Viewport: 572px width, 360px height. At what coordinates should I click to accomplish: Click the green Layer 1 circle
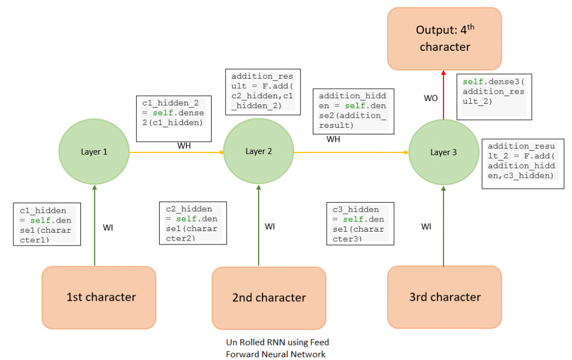pos(94,151)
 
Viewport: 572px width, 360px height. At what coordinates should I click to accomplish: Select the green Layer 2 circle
pos(259,151)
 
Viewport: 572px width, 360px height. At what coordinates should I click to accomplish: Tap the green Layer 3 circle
pos(444,152)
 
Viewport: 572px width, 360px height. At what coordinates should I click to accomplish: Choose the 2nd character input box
pos(269,297)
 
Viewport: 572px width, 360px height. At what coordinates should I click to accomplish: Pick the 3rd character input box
pos(445,296)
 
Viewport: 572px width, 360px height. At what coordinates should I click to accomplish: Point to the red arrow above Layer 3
pos(444,95)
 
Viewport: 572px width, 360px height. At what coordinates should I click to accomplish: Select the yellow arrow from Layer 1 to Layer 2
pos(176,152)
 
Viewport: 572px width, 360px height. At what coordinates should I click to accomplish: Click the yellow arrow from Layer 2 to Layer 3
pos(351,152)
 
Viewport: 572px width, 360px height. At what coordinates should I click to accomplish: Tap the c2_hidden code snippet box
pos(193,222)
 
